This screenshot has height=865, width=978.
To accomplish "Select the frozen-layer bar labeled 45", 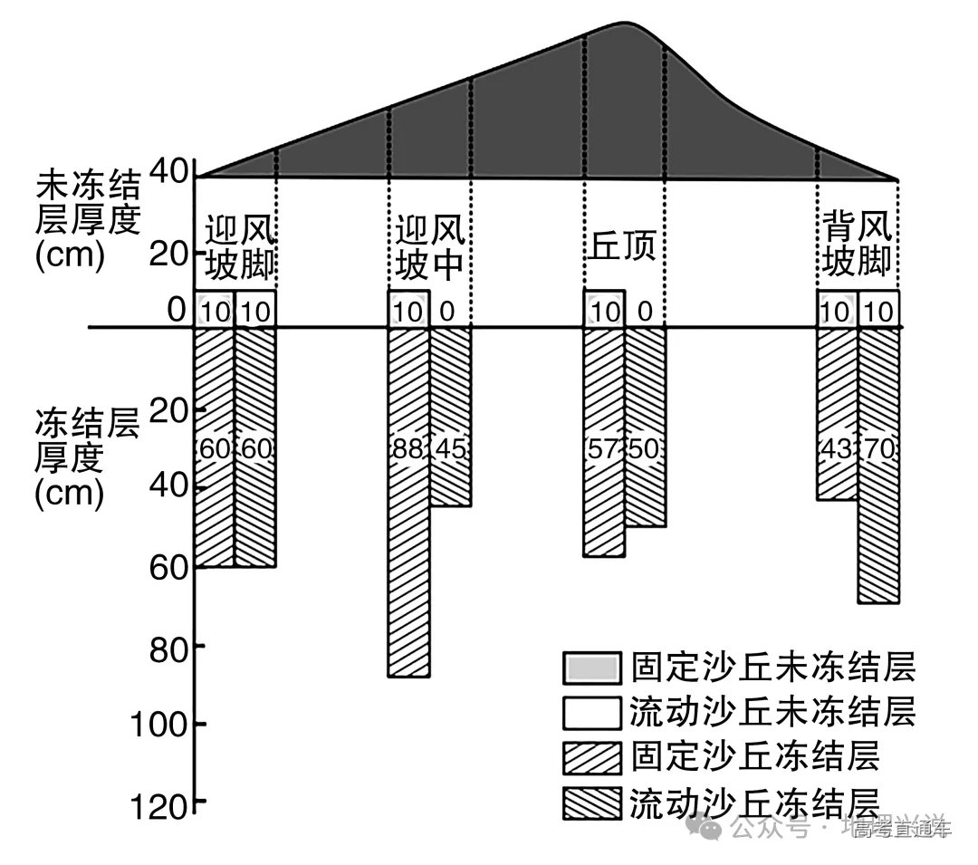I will tap(450, 417).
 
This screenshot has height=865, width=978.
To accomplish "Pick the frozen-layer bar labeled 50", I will tap(646, 427).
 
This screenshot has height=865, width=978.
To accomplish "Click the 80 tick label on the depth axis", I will tap(170, 647).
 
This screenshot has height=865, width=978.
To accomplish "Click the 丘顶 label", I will tap(623, 245).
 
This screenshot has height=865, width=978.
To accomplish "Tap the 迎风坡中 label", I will tap(430, 245).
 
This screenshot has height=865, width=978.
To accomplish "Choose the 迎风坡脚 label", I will tap(239, 247).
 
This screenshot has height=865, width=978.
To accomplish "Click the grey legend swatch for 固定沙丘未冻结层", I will tap(591, 668).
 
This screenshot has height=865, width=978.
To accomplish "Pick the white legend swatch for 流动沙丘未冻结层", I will tap(591, 713).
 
